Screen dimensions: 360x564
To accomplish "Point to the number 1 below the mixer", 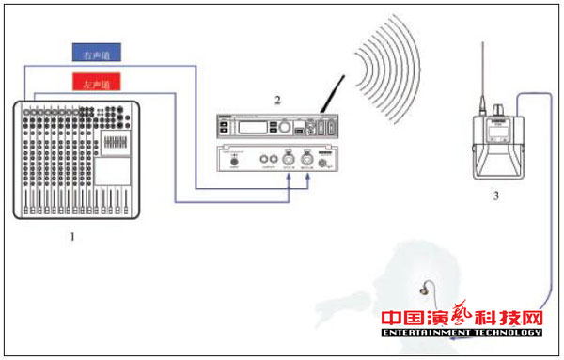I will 71,237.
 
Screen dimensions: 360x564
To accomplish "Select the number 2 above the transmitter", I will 277,99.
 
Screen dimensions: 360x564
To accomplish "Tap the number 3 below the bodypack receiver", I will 495,196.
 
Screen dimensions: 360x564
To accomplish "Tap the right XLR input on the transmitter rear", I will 307,160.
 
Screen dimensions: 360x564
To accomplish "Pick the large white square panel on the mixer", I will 114,170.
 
